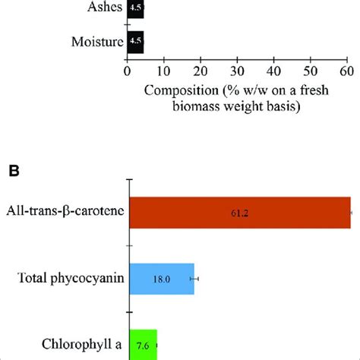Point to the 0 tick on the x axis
[x=127, y=71]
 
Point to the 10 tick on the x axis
[x=163, y=71]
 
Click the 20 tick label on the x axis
[x=200, y=71]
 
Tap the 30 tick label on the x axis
[x=236, y=71]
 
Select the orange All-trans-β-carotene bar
[x=240, y=214]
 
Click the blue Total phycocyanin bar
[x=163, y=279]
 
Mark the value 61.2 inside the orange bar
[x=240, y=215]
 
